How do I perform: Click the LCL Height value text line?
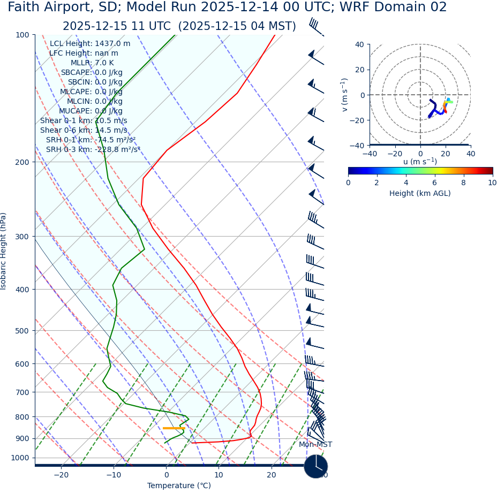pos(90,44)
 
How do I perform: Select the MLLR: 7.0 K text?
pos(92,63)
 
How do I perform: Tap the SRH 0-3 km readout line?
pos(93,150)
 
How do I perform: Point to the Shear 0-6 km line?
pos(84,131)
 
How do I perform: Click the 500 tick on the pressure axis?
pos(21,331)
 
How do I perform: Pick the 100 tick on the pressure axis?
pos(21,35)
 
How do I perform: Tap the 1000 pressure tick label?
pos(20,458)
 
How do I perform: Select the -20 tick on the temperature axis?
pos(61,475)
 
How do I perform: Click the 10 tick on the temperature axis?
pos(219,475)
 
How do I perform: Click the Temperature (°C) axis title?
pos(179,486)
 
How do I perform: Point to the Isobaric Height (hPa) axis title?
pos(4,251)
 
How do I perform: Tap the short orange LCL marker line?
pos(174,428)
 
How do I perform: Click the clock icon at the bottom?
pos(316,466)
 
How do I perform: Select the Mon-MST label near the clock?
pos(315,445)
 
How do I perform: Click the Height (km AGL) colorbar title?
pos(420,193)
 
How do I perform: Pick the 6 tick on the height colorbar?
pos(435,183)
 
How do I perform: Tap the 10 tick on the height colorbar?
pos(492,183)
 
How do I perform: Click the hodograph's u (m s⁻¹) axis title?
pos(420,162)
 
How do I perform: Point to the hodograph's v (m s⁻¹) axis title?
pos(345,95)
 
